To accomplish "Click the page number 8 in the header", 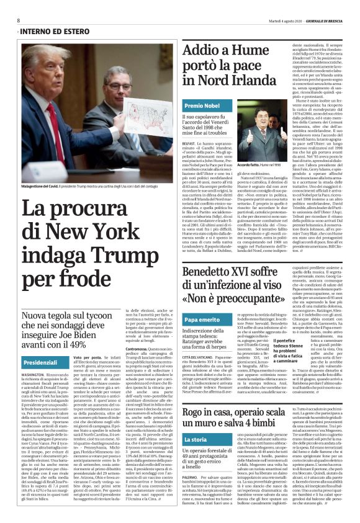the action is (19, 20).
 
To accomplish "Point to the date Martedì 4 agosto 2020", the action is (266, 20).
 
